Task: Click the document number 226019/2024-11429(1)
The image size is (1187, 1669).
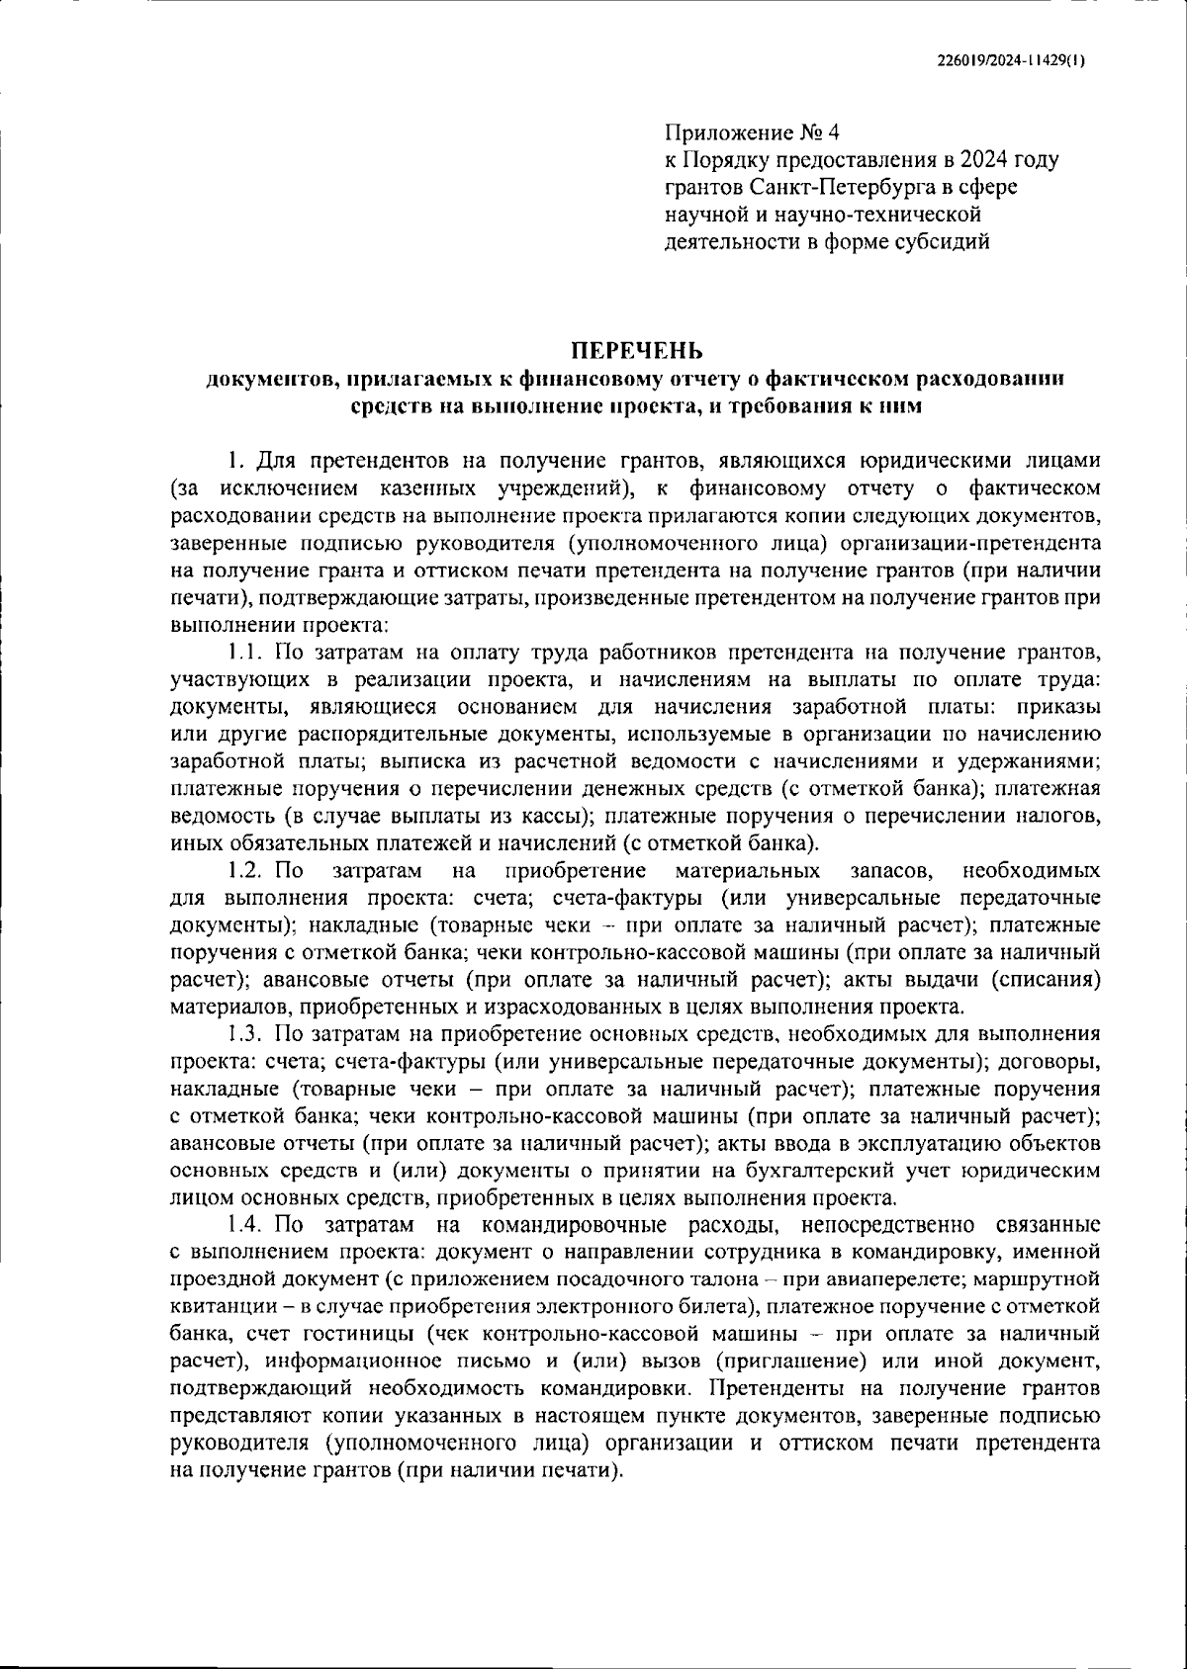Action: (1010, 59)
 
